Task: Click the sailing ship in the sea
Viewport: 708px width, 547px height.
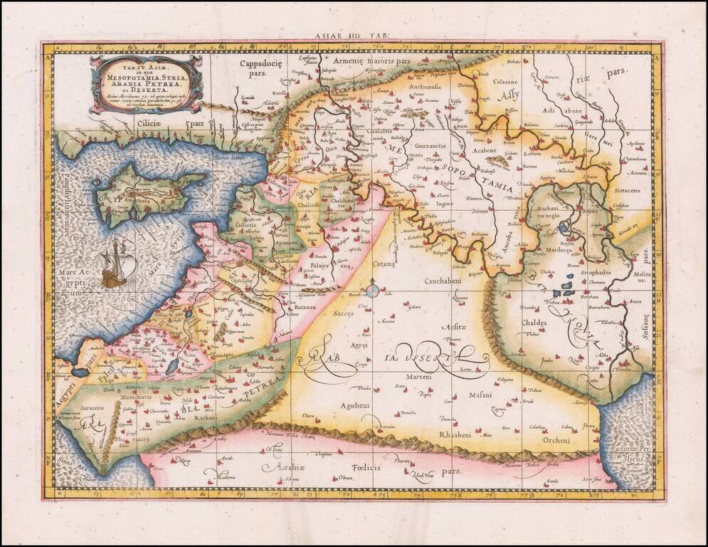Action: [x=114, y=264]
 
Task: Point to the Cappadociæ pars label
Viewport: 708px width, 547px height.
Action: [x=261, y=68]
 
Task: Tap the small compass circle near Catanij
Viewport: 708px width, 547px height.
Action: [x=372, y=290]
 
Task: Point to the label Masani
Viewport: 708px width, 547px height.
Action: [x=480, y=394]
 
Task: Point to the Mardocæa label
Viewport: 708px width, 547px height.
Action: [x=557, y=249]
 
